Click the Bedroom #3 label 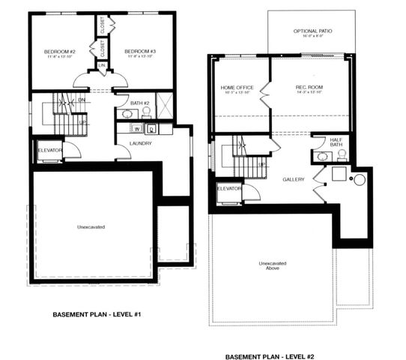tap(140, 51)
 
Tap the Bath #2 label tap(140, 103)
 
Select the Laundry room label tap(141, 143)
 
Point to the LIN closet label tap(102, 67)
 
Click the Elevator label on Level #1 tap(49, 150)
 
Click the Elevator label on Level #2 tap(228, 188)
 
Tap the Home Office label tap(237, 88)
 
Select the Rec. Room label tap(309, 88)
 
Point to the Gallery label tap(294, 180)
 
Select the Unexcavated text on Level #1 tap(91, 226)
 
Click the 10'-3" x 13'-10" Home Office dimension tap(237, 94)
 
